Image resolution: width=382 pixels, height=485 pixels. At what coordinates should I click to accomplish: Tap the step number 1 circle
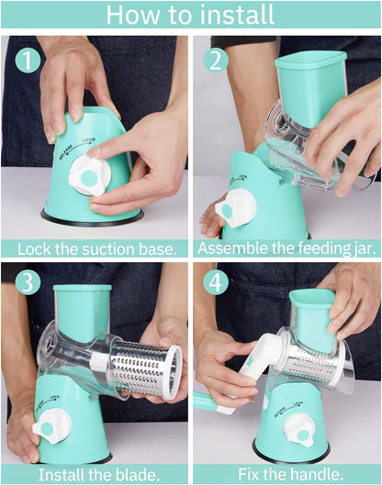point(28,61)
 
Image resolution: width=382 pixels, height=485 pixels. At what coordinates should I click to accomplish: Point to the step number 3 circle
point(27,281)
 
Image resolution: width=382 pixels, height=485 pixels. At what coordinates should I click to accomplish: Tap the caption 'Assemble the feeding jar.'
point(286,248)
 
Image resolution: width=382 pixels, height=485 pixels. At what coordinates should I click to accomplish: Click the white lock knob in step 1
point(89,174)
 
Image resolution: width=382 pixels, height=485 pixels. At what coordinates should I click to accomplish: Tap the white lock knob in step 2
point(231,207)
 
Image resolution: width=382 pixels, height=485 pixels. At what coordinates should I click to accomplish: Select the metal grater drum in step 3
point(142,369)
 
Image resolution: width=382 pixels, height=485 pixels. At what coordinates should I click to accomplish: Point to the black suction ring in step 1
point(92,220)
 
